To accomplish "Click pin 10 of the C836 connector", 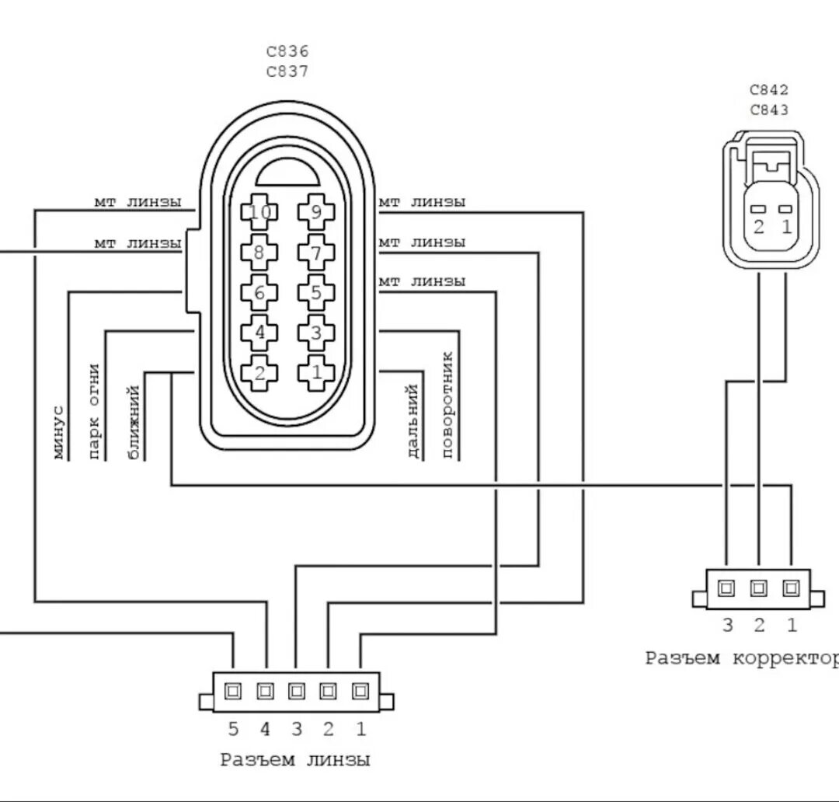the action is (259, 213).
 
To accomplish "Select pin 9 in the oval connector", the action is (316, 213).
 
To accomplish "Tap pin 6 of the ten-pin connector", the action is (259, 293).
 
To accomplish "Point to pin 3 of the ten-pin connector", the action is (316, 333).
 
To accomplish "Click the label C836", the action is (288, 51).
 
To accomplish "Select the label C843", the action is (769, 110).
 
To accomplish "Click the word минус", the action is (59, 433).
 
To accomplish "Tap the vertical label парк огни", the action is (95, 411).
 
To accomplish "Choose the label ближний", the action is (134, 423).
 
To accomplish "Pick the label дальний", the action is (413, 421).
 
